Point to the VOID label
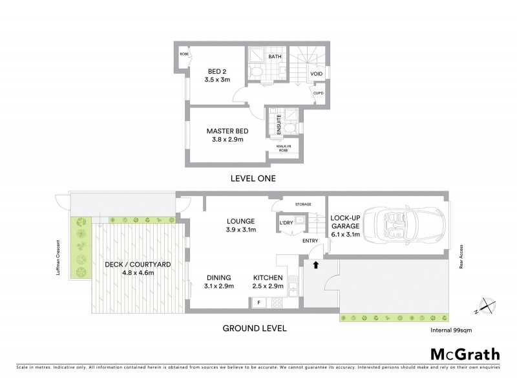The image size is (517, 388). [316, 74]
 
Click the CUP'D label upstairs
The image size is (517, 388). [318, 93]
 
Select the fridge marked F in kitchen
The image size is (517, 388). [258, 302]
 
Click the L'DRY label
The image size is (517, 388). [286, 224]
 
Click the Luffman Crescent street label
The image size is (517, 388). [59, 261]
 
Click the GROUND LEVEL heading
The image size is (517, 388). [254, 328]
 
